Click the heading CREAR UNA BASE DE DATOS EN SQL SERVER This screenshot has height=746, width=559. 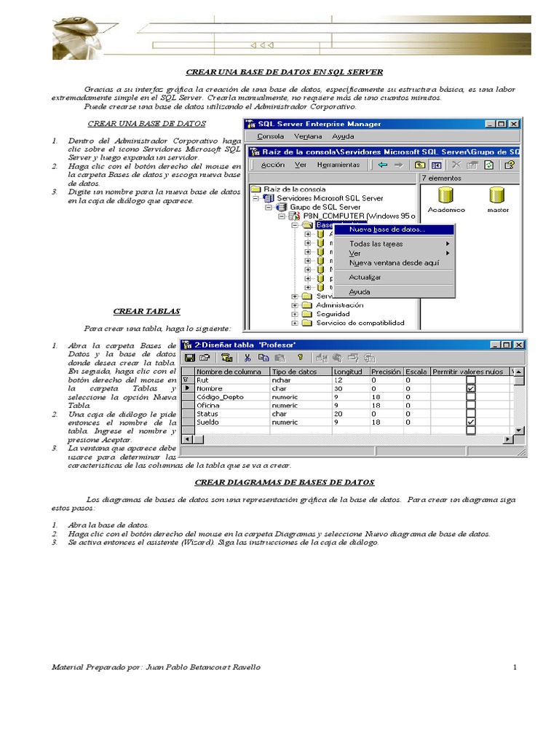click(285, 72)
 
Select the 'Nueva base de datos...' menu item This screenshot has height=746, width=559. click(387, 229)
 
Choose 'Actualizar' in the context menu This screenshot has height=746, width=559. click(365, 277)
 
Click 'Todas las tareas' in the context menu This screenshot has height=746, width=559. click(376, 243)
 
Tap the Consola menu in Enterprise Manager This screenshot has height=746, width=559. click(271, 136)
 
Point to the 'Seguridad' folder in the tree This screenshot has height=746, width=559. click(333, 314)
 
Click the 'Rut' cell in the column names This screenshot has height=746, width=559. click(203, 380)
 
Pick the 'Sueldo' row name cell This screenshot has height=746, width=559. click(208, 421)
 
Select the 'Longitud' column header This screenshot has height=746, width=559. click(347, 372)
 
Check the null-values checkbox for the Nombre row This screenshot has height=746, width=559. click(471, 388)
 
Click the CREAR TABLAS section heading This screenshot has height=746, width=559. click(146, 311)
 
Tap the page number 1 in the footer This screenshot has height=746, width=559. click(514, 667)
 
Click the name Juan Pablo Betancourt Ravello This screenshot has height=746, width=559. click(203, 667)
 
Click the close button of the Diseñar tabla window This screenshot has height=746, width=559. click(519, 345)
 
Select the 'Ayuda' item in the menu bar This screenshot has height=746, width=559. click(343, 136)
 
